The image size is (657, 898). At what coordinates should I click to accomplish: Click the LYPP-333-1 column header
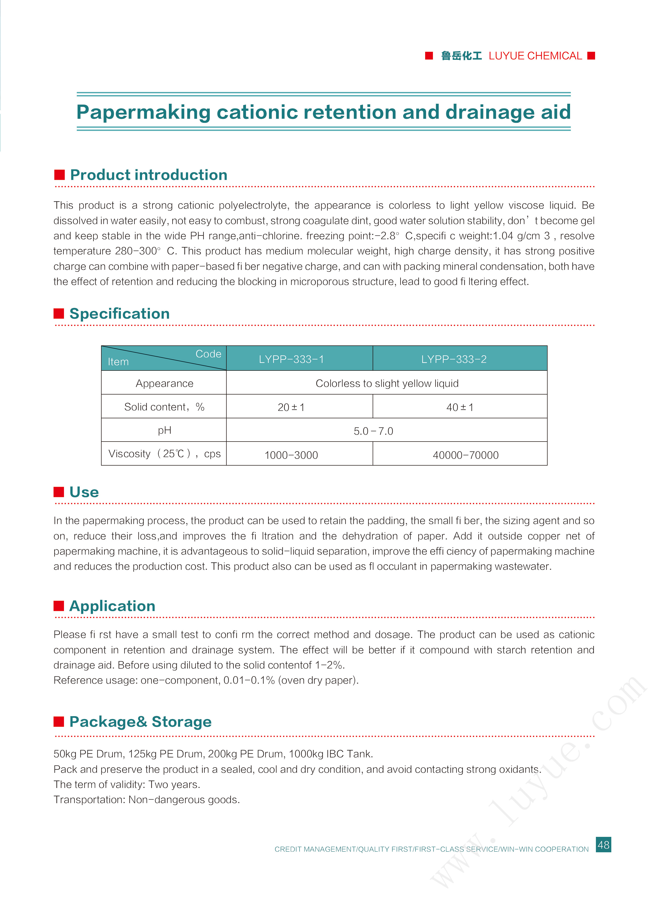[291, 359]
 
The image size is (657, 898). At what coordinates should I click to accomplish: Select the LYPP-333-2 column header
[454, 359]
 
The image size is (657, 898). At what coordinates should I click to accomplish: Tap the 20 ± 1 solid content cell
[291, 407]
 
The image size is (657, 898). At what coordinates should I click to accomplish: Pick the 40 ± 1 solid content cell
[460, 407]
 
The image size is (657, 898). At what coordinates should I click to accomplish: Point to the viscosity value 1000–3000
[291, 455]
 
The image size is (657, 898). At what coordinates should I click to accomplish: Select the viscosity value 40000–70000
[465, 455]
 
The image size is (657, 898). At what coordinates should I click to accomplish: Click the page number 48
[603, 844]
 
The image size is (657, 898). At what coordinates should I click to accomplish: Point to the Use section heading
[84, 492]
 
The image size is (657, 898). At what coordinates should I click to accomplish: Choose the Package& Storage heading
[140, 722]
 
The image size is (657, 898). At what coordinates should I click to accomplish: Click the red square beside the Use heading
[59, 492]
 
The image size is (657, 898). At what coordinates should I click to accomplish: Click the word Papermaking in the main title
[143, 112]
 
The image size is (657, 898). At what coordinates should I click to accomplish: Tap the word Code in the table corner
[208, 354]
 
